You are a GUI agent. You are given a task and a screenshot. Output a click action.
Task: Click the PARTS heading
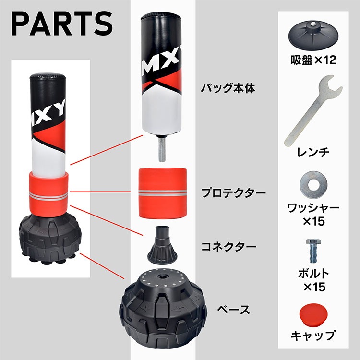pyautogui.click(x=61, y=24)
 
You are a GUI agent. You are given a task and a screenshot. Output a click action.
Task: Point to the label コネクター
pyautogui.click(x=228, y=248)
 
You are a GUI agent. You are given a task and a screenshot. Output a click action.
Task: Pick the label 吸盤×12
pyautogui.click(x=313, y=60)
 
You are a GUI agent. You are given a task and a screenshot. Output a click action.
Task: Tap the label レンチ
pyautogui.click(x=313, y=152)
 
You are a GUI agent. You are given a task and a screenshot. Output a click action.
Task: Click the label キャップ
pyautogui.click(x=313, y=335)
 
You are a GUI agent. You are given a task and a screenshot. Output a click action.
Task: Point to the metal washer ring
pyautogui.click(x=312, y=185)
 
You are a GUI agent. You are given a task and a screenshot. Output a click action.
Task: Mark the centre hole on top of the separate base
pyautogui.click(x=159, y=277)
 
